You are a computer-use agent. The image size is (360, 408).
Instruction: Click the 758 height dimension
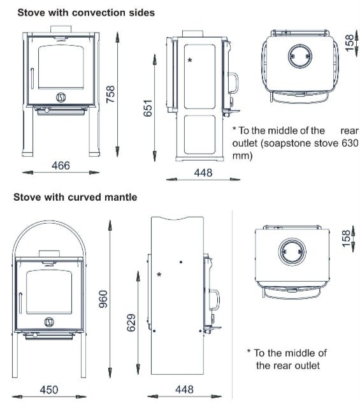[x=111, y=94]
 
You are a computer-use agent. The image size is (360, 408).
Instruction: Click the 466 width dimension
[x=61, y=166]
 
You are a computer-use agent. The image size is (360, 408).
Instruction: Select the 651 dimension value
[x=147, y=108]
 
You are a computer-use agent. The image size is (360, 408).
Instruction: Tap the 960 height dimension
[x=103, y=299]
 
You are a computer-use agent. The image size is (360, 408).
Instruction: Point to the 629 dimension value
[x=131, y=323]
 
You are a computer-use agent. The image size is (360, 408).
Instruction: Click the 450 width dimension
[x=49, y=390]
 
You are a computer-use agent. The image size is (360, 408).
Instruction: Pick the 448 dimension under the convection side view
[x=203, y=173]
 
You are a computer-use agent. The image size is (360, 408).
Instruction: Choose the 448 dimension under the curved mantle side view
[x=184, y=390]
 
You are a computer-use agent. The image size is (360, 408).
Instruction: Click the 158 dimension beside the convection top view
[x=350, y=43]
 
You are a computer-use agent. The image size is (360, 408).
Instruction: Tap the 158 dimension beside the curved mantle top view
[x=346, y=238]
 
